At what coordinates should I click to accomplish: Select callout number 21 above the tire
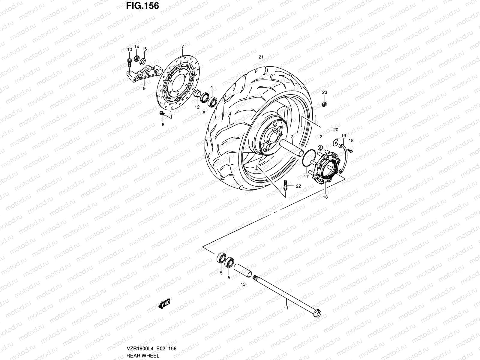261,57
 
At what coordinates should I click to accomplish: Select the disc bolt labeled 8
162,113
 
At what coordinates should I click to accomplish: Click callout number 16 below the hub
325,197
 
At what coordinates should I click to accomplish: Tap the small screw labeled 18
350,149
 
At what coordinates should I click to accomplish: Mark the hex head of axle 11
318,314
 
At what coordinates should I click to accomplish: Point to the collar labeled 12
197,94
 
